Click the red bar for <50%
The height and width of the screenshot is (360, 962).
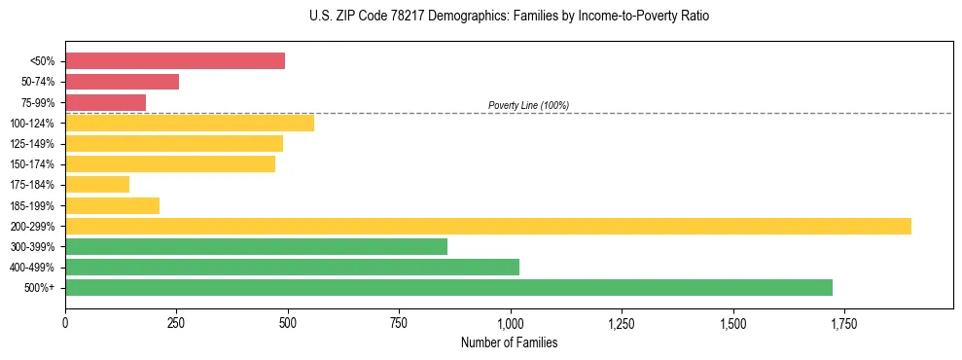click(175, 61)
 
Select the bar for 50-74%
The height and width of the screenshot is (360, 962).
click(122, 82)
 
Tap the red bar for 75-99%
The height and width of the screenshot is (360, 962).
click(105, 102)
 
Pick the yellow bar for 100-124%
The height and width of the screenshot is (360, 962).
click(190, 123)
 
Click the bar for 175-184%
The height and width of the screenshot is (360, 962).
click(97, 185)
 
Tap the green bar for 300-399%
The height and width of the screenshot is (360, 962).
click(256, 246)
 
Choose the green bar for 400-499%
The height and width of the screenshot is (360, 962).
click(292, 267)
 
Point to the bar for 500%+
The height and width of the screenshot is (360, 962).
click(448, 287)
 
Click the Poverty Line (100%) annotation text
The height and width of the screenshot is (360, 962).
click(528, 105)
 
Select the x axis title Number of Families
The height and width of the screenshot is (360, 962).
click(509, 342)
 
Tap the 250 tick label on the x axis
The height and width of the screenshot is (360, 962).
click(176, 323)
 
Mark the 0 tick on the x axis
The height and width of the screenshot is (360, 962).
click(65, 323)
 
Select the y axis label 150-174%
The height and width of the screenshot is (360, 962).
click(32, 164)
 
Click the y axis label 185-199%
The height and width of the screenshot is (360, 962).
click(32, 205)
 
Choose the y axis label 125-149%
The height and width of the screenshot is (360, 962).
click(32, 144)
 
